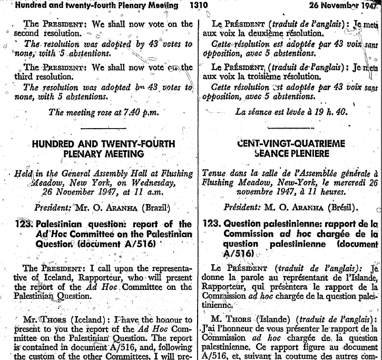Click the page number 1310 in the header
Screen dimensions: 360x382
click(x=198, y=6)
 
